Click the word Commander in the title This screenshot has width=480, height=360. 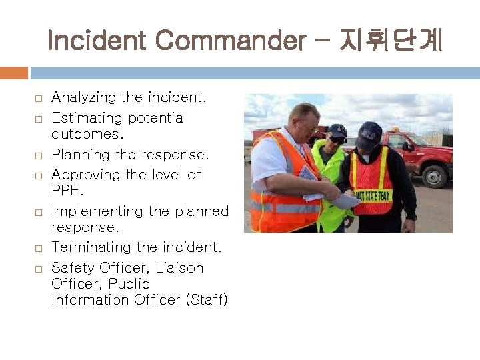(x=227, y=41)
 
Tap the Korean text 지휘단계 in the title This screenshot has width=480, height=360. (x=390, y=41)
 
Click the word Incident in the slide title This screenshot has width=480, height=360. (x=98, y=41)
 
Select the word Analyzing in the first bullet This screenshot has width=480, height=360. (x=83, y=98)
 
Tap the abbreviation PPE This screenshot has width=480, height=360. (x=67, y=191)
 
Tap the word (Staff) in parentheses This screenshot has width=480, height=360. (x=206, y=300)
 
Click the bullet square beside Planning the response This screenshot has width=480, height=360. (x=39, y=155)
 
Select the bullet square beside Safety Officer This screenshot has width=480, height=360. (x=39, y=269)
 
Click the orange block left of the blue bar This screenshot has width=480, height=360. (x=14, y=73)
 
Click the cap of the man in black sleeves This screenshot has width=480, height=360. (x=369, y=135)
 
